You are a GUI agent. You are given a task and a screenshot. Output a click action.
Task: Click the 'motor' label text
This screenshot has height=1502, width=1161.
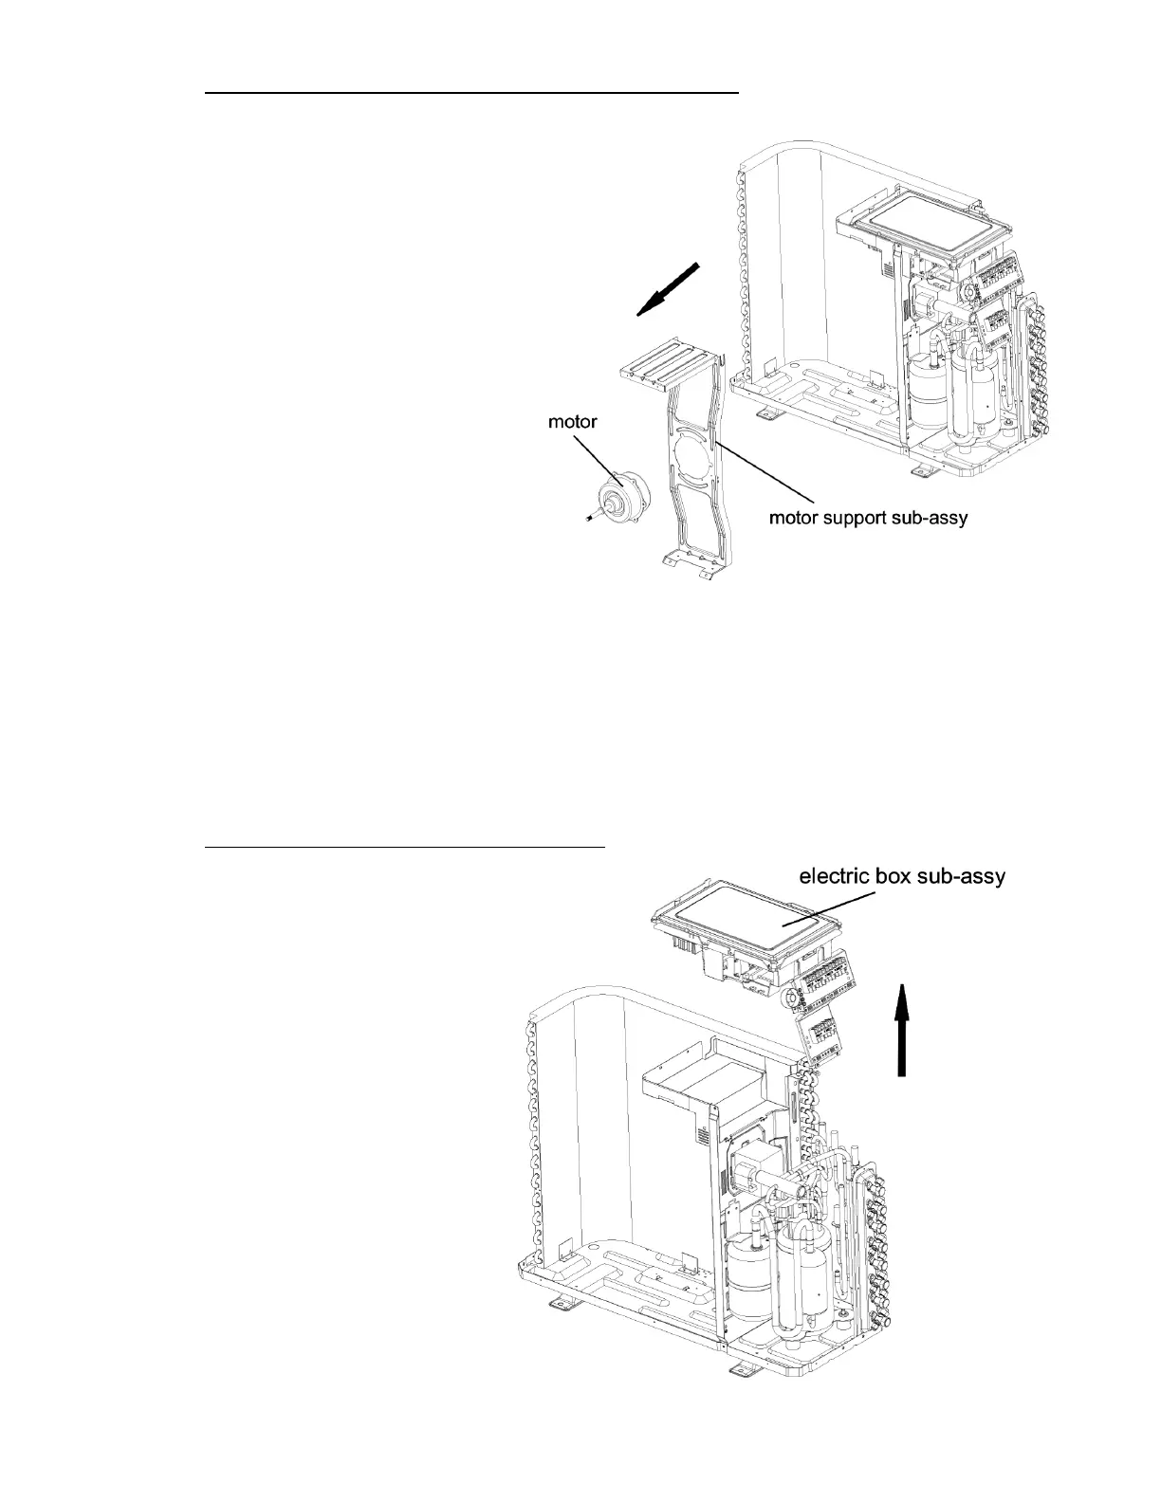(573, 422)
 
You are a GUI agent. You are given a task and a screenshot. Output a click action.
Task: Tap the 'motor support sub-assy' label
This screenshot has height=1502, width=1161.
(867, 519)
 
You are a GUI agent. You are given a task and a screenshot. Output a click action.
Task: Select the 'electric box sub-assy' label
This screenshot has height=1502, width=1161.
(902, 877)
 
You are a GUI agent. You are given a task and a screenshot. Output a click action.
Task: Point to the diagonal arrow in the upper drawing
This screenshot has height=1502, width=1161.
(670, 288)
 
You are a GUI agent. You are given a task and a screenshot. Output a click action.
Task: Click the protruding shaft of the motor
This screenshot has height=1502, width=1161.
(591, 518)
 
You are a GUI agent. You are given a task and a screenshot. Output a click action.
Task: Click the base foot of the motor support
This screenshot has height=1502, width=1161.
(686, 561)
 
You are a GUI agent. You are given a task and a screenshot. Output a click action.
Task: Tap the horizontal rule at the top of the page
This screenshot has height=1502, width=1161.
(471, 94)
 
